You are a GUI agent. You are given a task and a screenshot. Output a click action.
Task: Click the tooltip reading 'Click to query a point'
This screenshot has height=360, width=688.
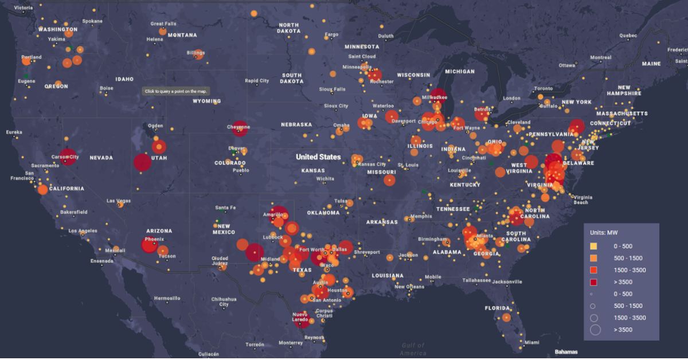click(176, 91)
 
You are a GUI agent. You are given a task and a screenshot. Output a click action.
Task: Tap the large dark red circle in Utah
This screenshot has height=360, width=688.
click(142, 162)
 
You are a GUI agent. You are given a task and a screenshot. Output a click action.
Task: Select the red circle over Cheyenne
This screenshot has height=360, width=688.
click(240, 129)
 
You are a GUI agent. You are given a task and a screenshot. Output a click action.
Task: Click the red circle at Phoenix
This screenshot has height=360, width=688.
click(149, 245)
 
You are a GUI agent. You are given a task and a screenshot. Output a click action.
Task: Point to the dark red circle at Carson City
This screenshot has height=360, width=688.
click(68, 156)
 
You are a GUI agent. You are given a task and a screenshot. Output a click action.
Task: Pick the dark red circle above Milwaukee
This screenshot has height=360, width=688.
click(438, 95)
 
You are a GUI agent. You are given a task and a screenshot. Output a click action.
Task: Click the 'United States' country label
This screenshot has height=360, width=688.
click(318, 156)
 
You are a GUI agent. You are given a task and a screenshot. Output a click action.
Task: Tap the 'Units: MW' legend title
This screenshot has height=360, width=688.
click(607, 233)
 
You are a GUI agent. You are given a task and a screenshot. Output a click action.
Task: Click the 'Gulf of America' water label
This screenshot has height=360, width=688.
click(413, 349)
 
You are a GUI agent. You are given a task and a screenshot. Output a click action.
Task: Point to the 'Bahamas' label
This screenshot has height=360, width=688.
click(566, 351)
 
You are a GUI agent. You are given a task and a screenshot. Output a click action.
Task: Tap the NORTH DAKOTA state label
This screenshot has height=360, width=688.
click(289, 28)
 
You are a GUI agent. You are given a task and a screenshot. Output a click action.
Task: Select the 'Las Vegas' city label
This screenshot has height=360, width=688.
click(119, 201)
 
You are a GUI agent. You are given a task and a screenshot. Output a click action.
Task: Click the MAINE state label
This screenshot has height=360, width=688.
click(651, 64)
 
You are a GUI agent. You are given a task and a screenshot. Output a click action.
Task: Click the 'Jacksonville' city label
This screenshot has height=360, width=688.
click(507, 281)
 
